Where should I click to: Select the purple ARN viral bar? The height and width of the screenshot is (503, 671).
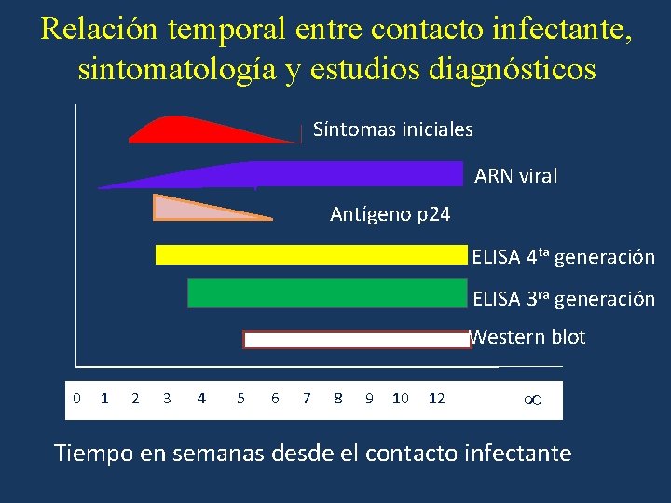[x=326, y=174]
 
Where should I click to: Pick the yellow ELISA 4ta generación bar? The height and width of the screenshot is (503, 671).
[x=310, y=255]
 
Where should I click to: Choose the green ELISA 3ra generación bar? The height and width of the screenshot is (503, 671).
[x=326, y=292]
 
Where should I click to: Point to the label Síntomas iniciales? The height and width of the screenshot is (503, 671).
[x=392, y=129]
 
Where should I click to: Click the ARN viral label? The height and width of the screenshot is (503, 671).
[x=515, y=176]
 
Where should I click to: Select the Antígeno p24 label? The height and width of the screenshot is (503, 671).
[x=390, y=214]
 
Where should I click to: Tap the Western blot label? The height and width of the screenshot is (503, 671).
[x=527, y=337]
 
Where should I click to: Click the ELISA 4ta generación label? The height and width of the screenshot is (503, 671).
[x=563, y=256]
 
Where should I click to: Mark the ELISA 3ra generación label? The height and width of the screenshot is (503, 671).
[x=563, y=299]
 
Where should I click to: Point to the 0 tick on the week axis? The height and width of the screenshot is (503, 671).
[x=76, y=399]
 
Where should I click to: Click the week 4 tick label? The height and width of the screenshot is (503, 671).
[x=201, y=399]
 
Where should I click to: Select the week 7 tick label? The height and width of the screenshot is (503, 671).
[x=307, y=399]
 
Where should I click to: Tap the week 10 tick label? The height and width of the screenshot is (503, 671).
[x=400, y=399]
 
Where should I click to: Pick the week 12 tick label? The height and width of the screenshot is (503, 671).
[x=436, y=399]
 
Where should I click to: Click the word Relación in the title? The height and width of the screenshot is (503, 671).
[x=100, y=30]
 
